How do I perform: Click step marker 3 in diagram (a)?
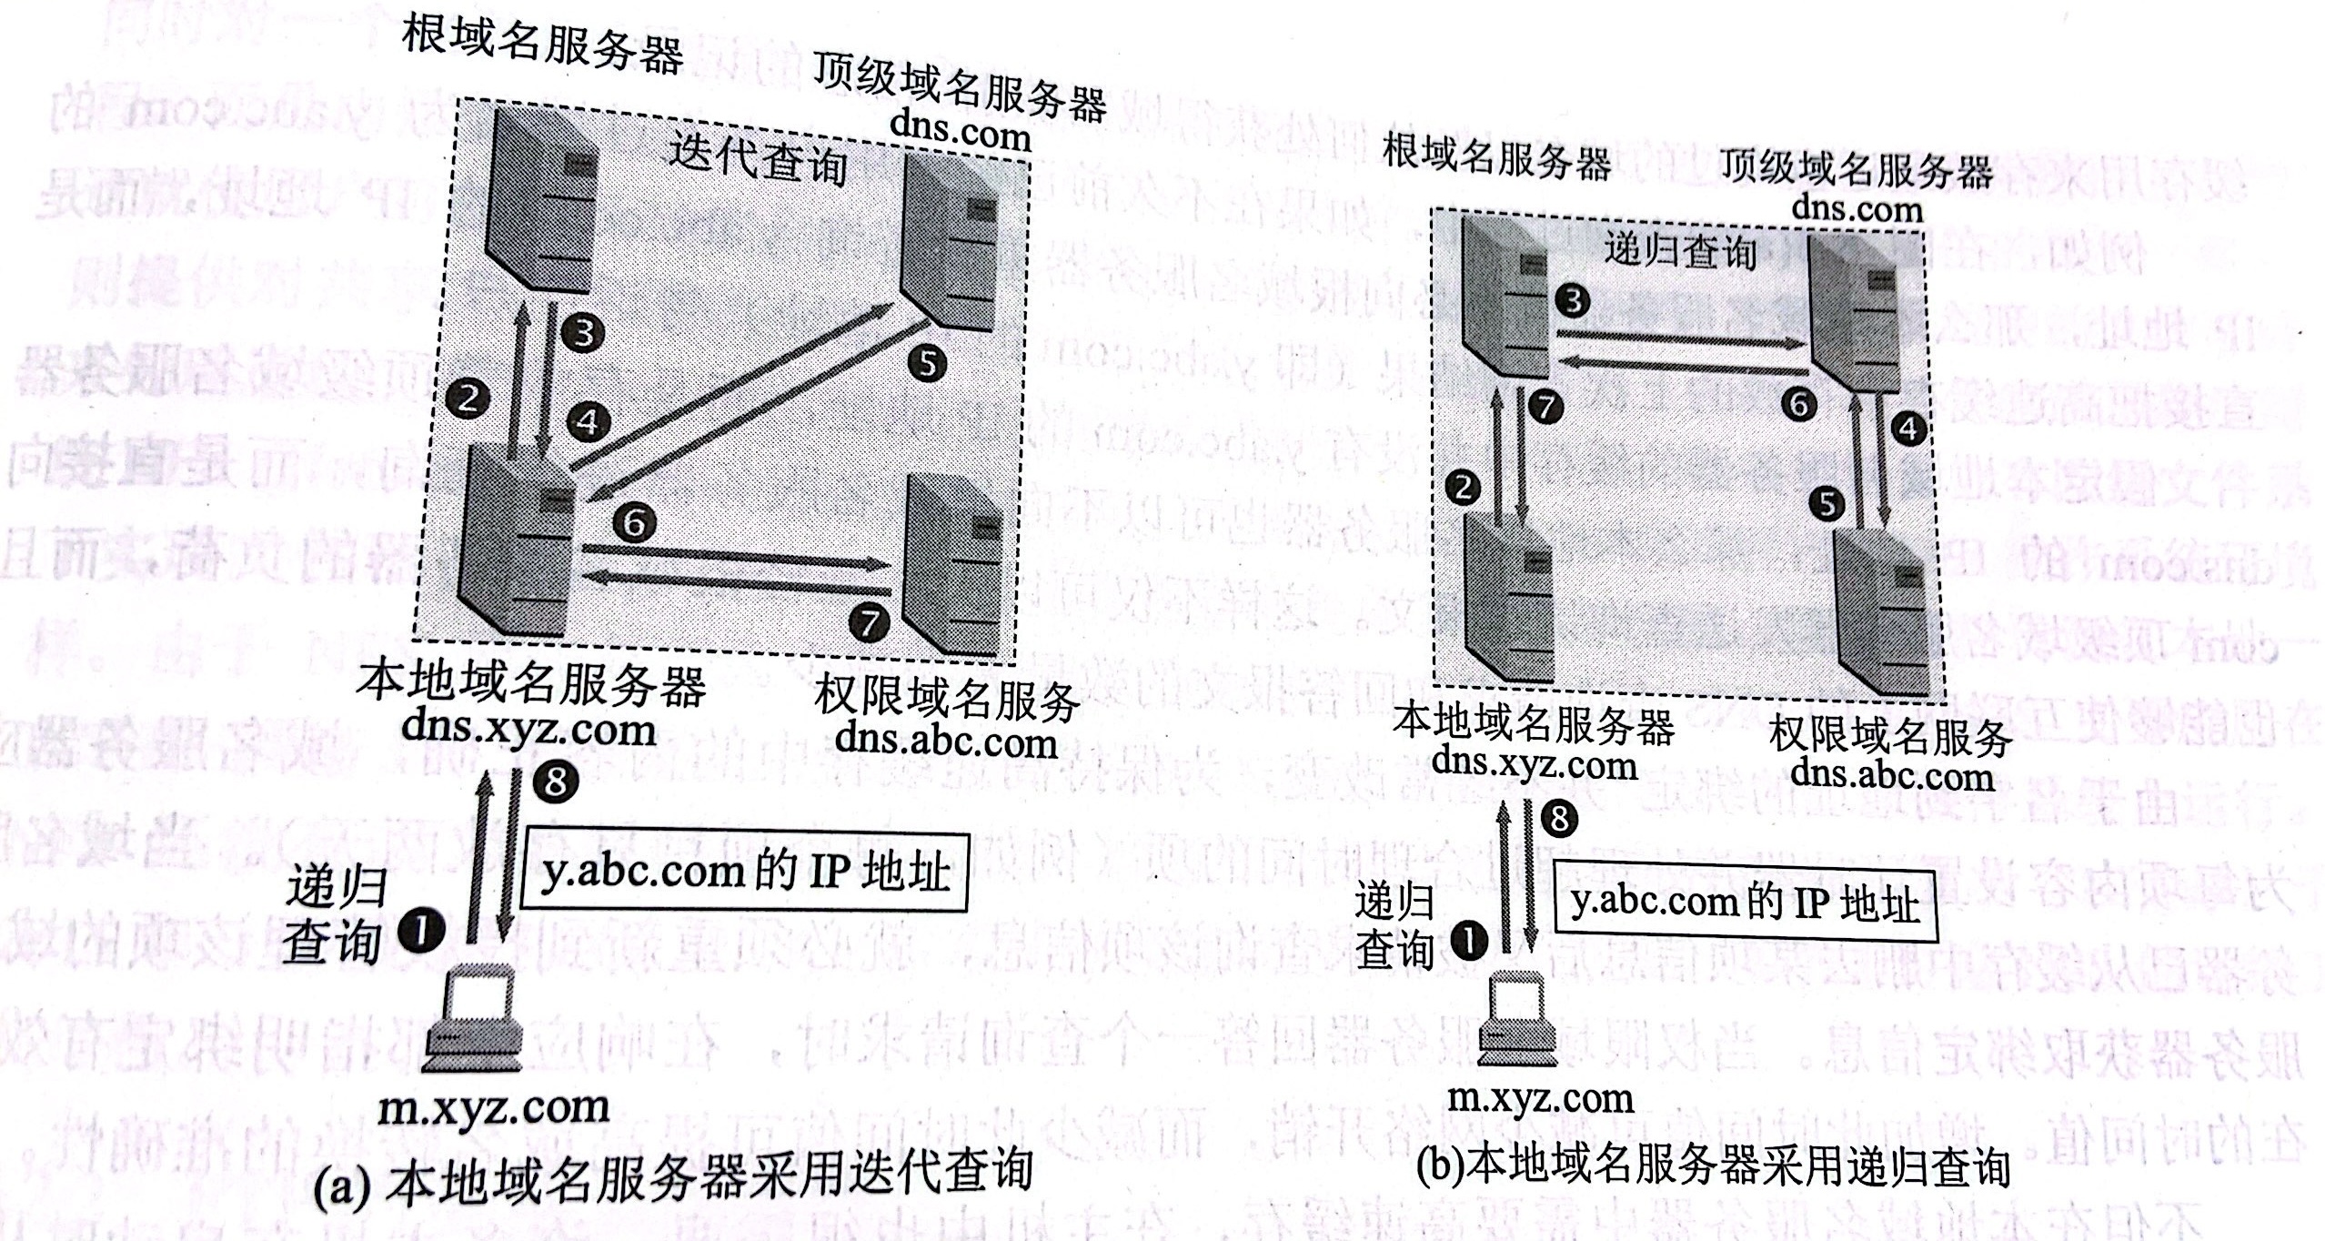pyautogui.click(x=583, y=334)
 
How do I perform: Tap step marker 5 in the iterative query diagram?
pyautogui.click(x=927, y=364)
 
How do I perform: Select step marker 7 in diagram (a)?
pyautogui.click(x=870, y=622)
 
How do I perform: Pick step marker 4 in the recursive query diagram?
pyautogui.click(x=1908, y=428)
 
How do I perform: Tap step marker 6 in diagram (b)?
pyautogui.click(x=1798, y=404)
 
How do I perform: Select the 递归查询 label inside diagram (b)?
pyautogui.click(x=1678, y=251)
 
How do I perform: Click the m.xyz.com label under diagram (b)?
pyautogui.click(x=1541, y=1098)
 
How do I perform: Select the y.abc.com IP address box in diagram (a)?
pyautogui.click(x=743, y=872)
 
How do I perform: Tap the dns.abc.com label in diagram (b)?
pyautogui.click(x=1892, y=776)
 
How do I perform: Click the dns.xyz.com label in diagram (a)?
pyautogui.click(x=530, y=730)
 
